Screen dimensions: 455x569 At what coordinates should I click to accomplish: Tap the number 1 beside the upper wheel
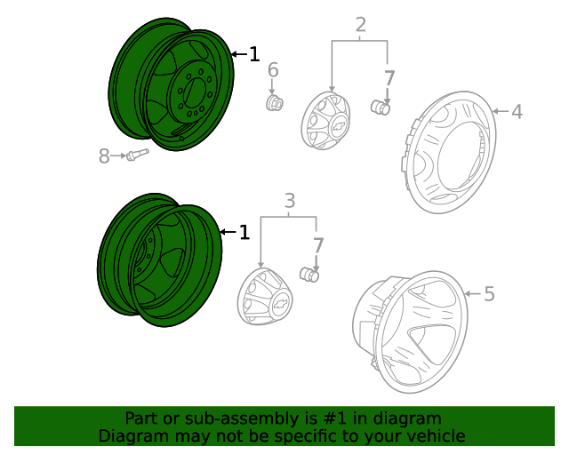point(253,55)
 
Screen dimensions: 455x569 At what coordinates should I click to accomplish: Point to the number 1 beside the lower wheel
point(244,233)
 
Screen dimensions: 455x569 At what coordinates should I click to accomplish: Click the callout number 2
point(360,25)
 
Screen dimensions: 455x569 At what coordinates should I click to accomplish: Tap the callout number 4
point(517,112)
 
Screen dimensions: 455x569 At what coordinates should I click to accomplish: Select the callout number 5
point(489,293)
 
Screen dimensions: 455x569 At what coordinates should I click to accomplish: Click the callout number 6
point(273,70)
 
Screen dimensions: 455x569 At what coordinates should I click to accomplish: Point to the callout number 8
point(104,156)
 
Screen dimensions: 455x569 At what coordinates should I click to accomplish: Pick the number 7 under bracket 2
point(389,77)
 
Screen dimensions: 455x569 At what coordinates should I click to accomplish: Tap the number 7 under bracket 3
point(317,243)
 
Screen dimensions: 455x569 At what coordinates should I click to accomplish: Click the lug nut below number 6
point(275,104)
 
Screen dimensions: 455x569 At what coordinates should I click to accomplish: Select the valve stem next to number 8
point(136,156)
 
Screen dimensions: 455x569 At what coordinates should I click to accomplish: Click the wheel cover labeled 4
point(449,156)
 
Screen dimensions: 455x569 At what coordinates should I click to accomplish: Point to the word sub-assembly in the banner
point(221,419)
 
